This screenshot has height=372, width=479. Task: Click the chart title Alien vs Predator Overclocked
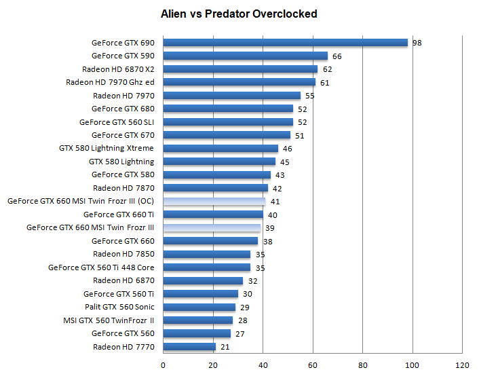[239, 14]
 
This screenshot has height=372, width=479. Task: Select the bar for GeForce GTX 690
[285, 43]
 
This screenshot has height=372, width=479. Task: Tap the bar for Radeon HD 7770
[189, 347]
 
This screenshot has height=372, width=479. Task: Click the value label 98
[418, 43]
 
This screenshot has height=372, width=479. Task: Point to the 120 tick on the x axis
[462, 365]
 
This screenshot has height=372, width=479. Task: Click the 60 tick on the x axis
[313, 365]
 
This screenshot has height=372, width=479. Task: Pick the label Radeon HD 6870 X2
[118, 69]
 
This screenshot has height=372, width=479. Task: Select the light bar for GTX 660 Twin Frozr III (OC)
[214, 202]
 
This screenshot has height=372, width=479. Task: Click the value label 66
[337, 56]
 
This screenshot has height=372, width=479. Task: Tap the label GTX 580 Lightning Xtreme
[107, 149]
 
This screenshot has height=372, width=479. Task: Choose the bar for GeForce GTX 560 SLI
[228, 122]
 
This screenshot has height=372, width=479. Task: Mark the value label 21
[225, 347]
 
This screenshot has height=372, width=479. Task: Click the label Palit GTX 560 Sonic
[119, 308]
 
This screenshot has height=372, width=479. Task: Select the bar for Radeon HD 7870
[216, 188]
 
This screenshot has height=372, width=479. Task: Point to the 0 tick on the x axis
[163, 365]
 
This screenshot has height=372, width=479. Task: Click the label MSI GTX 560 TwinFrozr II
[109, 320]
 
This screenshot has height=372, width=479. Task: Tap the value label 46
[288, 149]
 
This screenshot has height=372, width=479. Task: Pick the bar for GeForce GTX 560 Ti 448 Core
[207, 267]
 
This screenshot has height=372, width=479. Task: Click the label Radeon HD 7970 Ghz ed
[110, 83]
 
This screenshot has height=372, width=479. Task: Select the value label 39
[270, 228]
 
